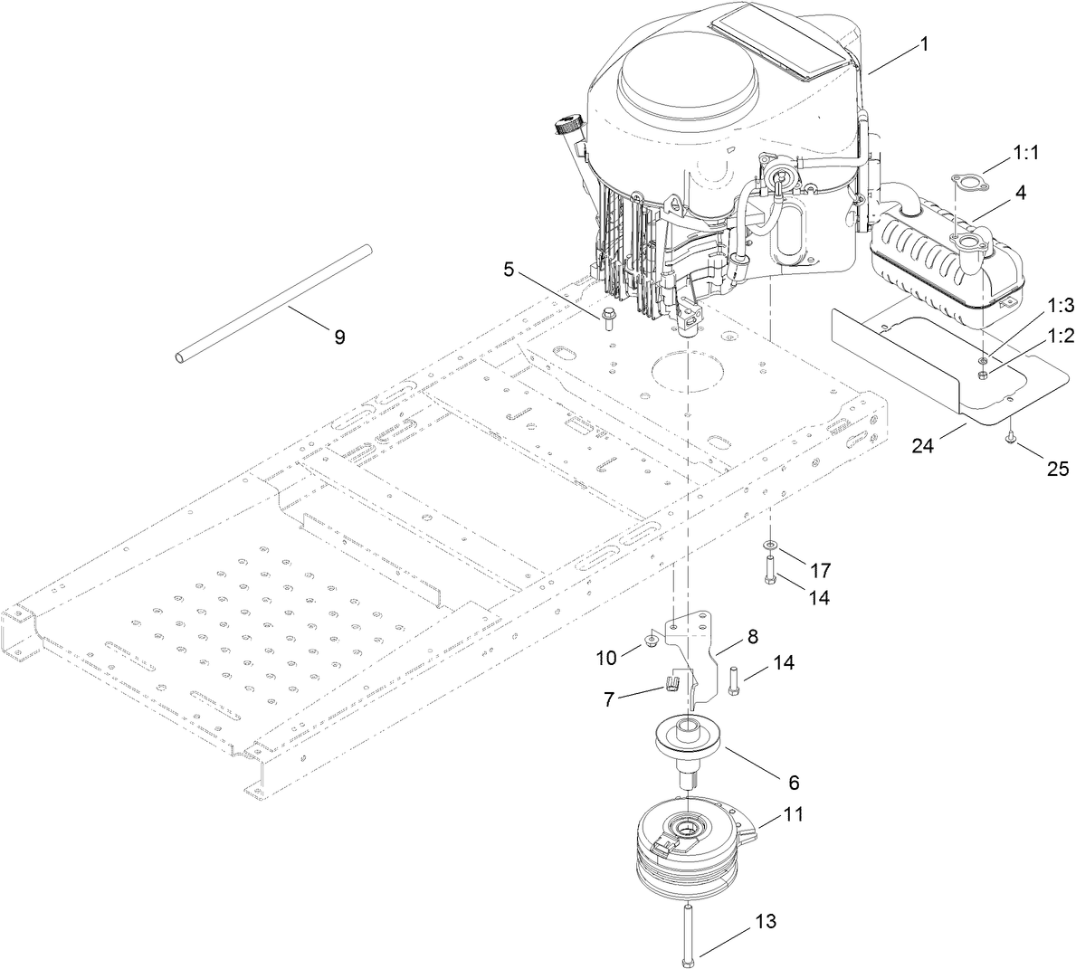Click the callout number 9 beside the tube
(x=339, y=337)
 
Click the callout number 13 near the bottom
(x=765, y=921)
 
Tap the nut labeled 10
(x=650, y=641)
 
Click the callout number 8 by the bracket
(x=752, y=636)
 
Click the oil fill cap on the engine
(x=568, y=123)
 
